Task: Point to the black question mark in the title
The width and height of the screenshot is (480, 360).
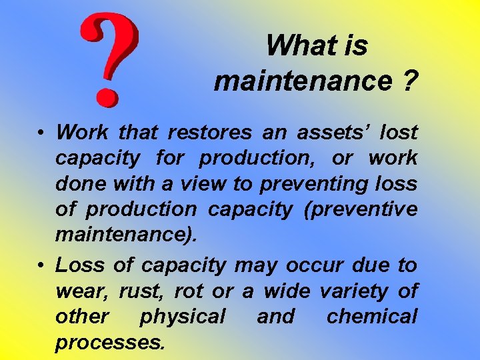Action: [x=409, y=81]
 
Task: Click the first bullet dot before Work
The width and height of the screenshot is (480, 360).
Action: [x=41, y=132]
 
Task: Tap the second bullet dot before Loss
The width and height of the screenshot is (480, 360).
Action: [x=41, y=265]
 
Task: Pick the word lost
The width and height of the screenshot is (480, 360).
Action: [x=398, y=132]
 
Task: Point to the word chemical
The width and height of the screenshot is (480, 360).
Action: [x=372, y=317]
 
